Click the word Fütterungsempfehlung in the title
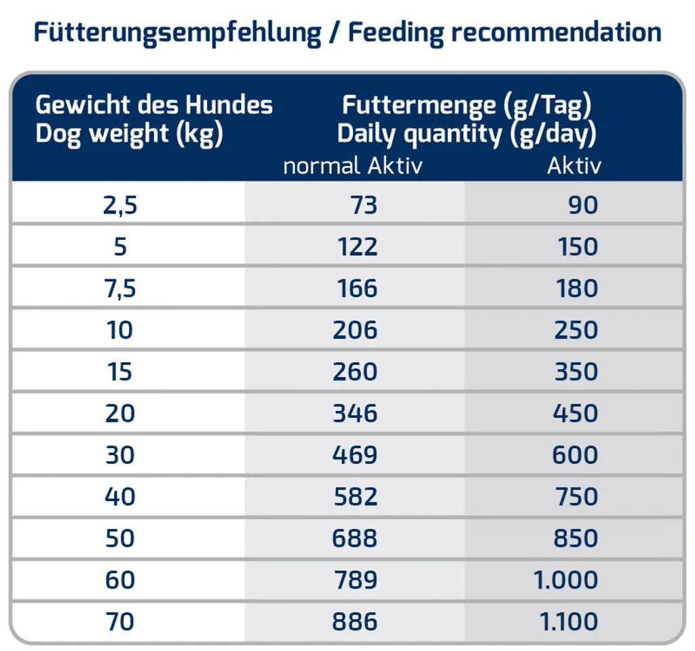[177, 33]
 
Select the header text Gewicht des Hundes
[154, 105]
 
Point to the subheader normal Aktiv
[352, 166]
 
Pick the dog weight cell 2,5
[120, 205]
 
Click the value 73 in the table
[364, 205]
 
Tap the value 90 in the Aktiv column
[583, 205]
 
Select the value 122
[357, 247]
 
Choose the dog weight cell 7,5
[120, 289]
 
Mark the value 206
[355, 330]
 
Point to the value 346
[355, 414]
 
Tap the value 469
[355, 455]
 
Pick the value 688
[355, 538]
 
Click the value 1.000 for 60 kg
[566, 580]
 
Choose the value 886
[355, 622]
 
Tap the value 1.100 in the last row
[566, 622]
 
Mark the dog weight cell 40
[120, 497]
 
